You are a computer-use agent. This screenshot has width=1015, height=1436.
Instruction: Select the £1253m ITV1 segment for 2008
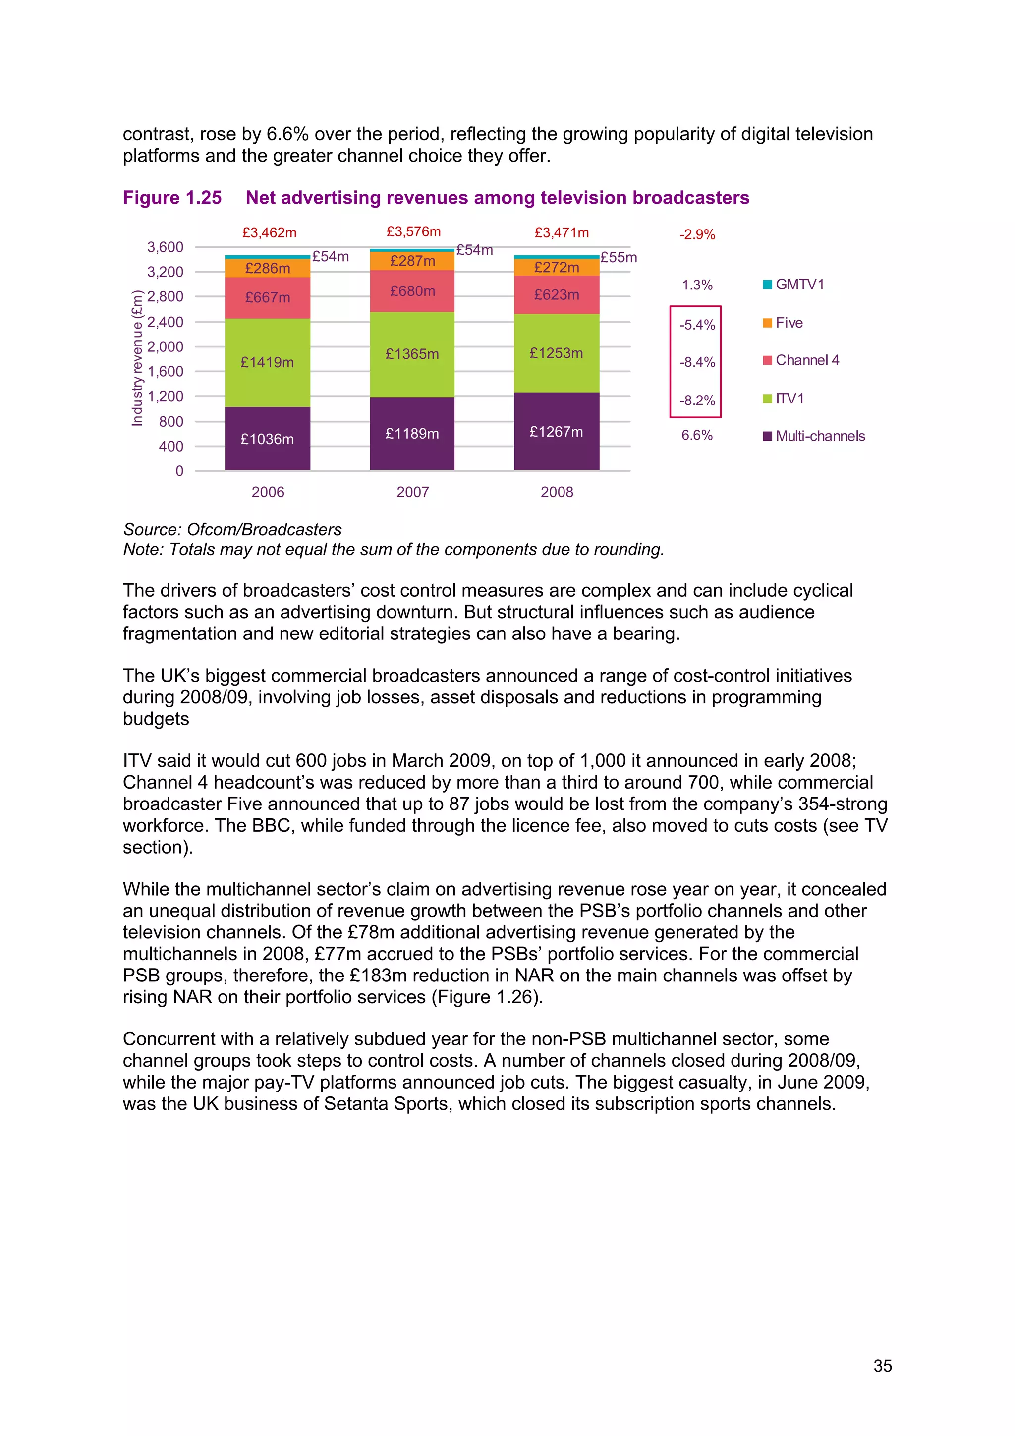(556, 353)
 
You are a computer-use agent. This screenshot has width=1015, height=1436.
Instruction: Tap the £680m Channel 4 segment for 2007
(412, 291)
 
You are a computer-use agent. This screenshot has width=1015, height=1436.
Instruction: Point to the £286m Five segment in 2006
(267, 268)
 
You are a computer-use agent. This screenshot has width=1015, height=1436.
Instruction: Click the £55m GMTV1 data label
(618, 257)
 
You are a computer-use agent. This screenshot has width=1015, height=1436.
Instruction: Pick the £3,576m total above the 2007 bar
(413, 231)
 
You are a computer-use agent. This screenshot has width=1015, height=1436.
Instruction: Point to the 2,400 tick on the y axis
(165, 322)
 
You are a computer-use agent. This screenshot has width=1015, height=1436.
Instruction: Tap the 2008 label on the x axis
(557, 492)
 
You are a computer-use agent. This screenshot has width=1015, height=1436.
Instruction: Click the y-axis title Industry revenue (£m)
(137, 358)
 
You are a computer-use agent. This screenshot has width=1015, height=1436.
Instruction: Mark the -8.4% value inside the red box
(697, 362)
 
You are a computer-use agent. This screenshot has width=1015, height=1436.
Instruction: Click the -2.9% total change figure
(697, 234)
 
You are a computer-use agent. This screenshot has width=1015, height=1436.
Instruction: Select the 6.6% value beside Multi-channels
(697, 435)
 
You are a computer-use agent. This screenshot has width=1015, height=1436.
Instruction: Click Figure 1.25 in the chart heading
(172, 198)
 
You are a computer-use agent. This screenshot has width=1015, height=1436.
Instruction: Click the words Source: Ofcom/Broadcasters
(232, 530)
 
